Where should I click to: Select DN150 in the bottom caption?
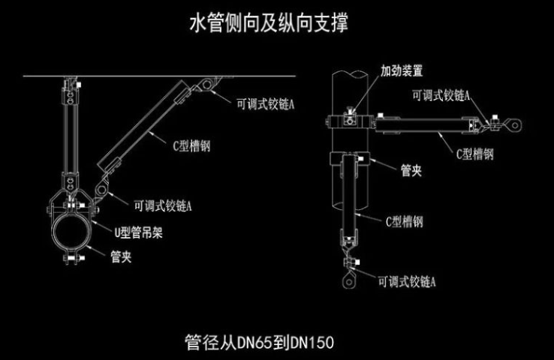[x=313, y=342]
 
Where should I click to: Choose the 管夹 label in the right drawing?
[x=410, y=172]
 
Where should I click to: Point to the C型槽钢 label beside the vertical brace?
[x=405, y=221]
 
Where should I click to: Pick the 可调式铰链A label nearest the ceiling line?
[x=264, y=105]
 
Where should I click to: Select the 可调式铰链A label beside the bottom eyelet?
[x=408, y=282]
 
